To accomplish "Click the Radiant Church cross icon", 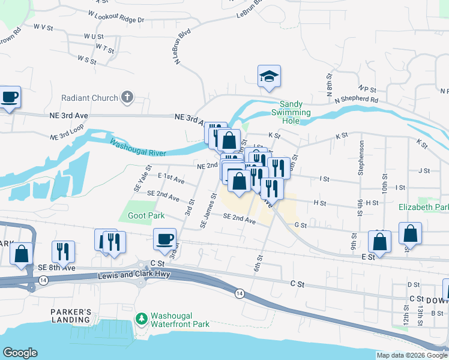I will (127, 97).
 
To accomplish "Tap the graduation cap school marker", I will (270, 76).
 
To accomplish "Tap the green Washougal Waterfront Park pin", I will (142, 318).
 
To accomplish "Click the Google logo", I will (20, 353).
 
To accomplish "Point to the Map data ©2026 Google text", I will (412, 355).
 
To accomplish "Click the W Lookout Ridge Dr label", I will (116, 16).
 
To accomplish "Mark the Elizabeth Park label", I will (424, 208).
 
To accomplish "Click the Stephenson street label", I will (361, 158).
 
